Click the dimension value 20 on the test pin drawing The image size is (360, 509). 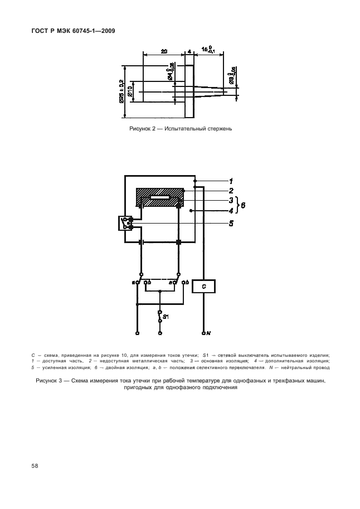coord(164,51)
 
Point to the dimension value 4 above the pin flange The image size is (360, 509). coord(189,51)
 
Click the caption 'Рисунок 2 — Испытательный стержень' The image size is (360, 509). coord(180,129)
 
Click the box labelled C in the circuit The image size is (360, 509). coord(204,286)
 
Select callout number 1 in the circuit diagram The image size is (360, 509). coord(230,181)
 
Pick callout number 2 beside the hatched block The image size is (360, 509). coord(230,191)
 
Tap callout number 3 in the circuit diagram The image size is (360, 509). coord(230,200)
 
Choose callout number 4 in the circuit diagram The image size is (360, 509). coord(230,210)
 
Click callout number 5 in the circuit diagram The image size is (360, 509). coord(230,224)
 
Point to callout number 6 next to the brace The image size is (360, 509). coord(244,205)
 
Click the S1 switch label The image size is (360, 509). coord(166,316)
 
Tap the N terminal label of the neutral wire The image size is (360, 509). coord(208,333)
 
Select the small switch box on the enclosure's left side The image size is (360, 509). coord(125,223)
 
